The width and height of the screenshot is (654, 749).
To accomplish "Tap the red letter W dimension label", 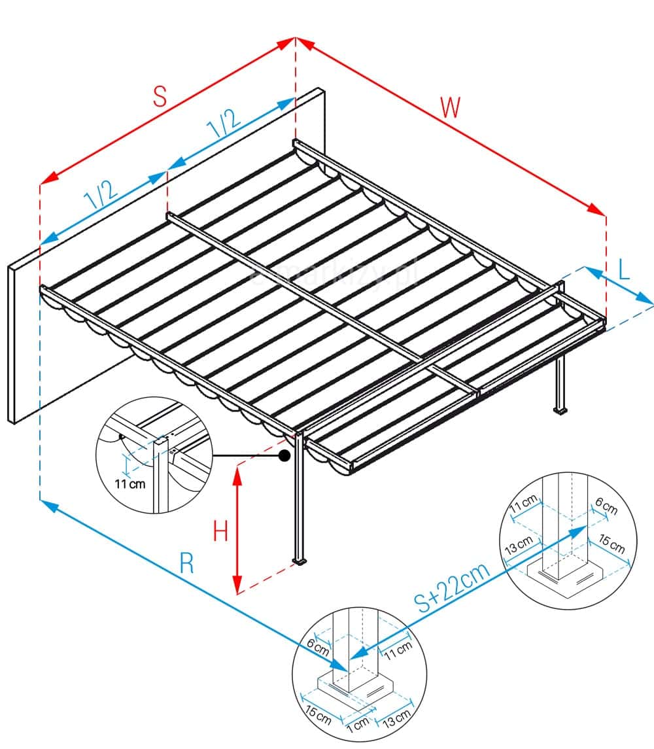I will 450,107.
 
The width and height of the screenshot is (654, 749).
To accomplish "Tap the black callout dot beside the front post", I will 284,456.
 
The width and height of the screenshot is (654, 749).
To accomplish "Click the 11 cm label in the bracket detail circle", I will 128,485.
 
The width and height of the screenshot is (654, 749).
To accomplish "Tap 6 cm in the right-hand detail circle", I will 606,507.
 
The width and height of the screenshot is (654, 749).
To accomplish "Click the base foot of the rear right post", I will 560,411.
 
